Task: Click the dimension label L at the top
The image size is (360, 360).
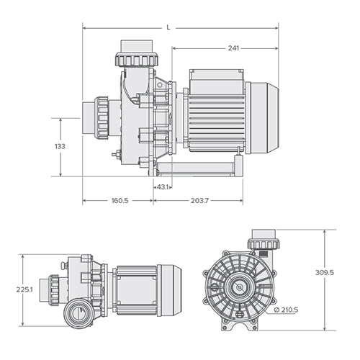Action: coord(168,27)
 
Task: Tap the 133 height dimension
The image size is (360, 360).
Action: coord(60,146)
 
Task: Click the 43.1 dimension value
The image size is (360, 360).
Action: coord(163,187)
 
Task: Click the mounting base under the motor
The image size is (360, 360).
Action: coord(196,168)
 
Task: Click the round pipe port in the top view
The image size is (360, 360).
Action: coord(77,311)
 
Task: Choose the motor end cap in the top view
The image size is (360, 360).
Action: coord(170,289)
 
